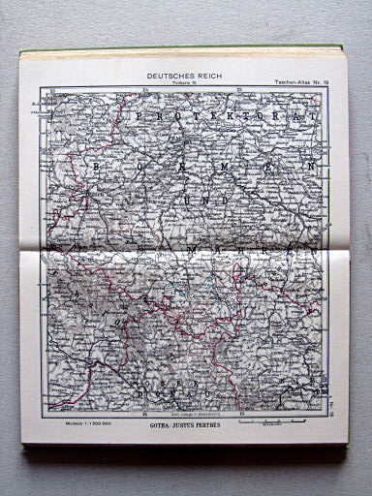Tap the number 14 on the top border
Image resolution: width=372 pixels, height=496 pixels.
click(x=143, y=91)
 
